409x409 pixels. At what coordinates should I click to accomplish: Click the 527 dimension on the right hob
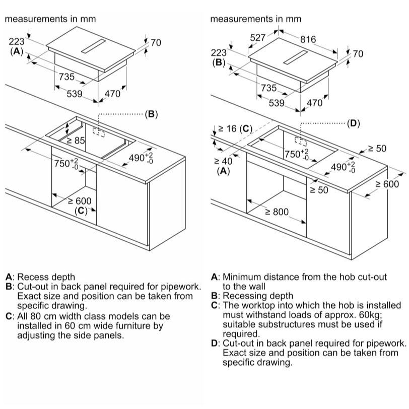257,38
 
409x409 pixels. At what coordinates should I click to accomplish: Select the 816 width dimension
308,39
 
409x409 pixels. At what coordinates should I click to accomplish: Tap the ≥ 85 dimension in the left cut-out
76,141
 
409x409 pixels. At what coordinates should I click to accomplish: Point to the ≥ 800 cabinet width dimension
277,212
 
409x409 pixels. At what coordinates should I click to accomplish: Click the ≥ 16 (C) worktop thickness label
235,128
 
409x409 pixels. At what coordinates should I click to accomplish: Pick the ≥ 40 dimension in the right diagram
223,161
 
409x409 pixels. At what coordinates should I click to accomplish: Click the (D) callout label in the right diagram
353,123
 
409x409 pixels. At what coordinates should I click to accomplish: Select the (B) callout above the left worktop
151,114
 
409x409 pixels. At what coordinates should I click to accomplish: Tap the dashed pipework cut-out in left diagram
98,132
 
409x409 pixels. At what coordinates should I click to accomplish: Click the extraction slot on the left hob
93,46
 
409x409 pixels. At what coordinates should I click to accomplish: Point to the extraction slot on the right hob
296,57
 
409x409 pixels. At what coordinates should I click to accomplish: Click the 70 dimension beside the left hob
156,42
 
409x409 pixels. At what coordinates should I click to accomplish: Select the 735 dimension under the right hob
268,88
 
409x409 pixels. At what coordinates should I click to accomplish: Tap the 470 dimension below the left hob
112,94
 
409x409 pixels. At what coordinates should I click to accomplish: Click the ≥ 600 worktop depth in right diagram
387,184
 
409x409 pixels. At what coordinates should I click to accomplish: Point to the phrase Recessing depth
258,296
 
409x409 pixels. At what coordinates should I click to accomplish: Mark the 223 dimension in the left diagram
17,41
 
